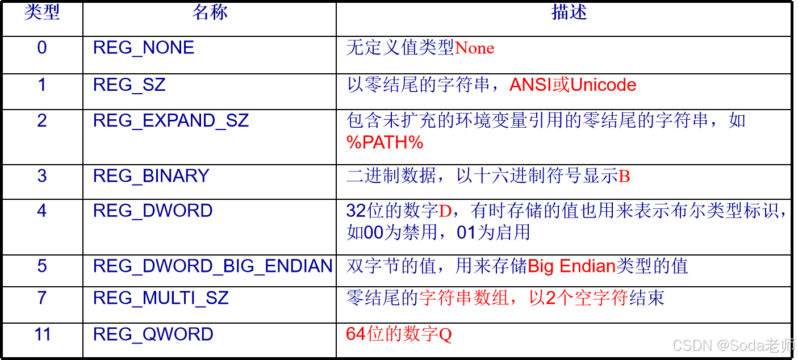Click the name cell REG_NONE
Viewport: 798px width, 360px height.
coord(144,48)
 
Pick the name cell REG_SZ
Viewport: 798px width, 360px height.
coord(129,85)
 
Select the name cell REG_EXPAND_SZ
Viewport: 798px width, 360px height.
coord(171,120)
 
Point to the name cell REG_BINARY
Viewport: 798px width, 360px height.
coord(151,176)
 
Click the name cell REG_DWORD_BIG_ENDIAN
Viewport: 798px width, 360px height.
coord(212,266)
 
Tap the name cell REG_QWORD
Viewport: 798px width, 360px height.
coord(153,334)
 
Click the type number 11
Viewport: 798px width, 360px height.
coord(43,334)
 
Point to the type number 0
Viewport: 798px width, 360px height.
coord(41,48)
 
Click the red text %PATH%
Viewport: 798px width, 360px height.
coord(385,143)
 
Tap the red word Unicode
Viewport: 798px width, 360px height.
coord(603,85)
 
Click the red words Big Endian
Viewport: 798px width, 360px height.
coord(572,266)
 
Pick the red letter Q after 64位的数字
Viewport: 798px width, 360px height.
coord(445,335)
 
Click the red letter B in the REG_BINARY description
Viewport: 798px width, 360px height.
coord(624,177)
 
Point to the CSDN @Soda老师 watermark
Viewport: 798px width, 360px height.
coord(733,344)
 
